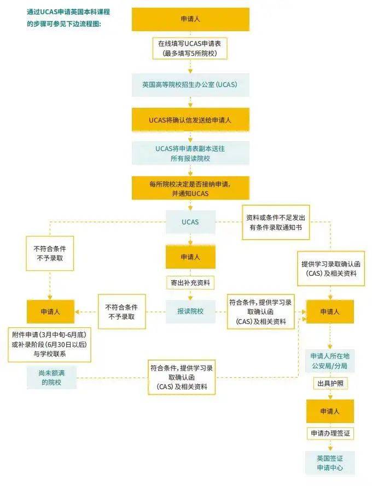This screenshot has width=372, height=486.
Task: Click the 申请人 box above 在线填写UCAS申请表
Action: click(x=190, y=19)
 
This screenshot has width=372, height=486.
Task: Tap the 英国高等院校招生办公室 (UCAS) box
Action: click(x=190, y=85)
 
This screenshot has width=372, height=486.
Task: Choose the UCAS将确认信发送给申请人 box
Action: click(x=190, y=119)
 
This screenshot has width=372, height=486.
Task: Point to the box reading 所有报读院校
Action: click(x=190, y=153)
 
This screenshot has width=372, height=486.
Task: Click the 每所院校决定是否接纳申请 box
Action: click(x=190, y=188)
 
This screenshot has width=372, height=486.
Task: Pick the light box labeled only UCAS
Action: click(x=190, y=222)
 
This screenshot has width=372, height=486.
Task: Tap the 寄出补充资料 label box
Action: click(x=190, y=283)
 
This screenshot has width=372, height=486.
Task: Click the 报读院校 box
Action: click(x=190, y=311)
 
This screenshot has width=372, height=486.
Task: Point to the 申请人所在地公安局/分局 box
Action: click(x=330, y=360)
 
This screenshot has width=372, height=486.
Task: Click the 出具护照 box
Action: click(x=330, y=383)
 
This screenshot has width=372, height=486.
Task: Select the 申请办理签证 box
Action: click(x=330, y=433)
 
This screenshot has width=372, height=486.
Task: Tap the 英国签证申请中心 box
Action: click(x=330, y=462)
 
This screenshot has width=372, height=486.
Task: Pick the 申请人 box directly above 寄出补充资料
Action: click(x=190, y=257)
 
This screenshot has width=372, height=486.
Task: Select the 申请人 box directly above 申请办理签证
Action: click(x=330, y=411)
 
